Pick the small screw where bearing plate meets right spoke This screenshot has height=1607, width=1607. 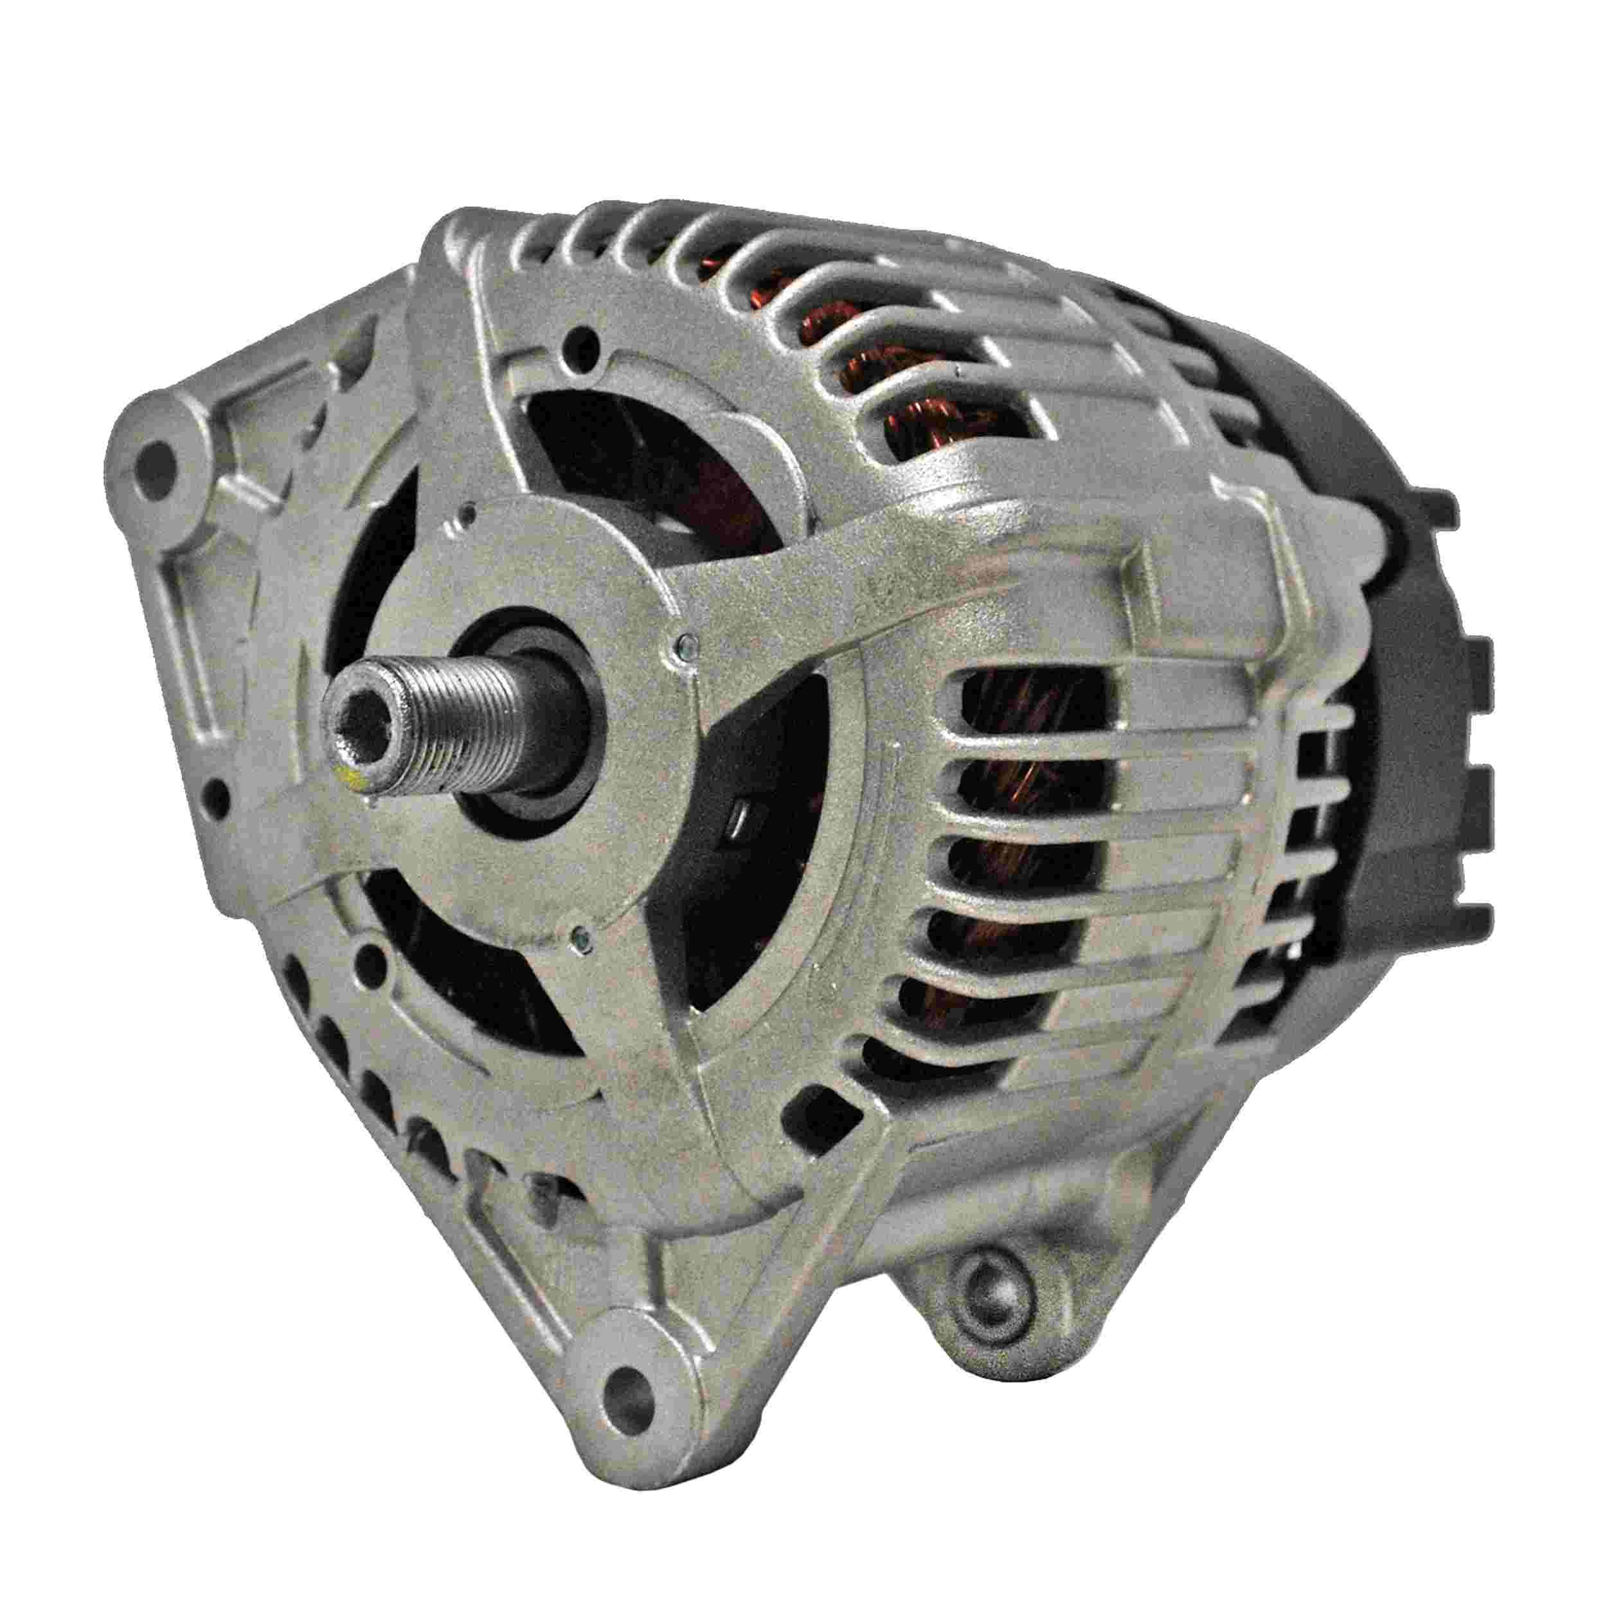coord(684,640)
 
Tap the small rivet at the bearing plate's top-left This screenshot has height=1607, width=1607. coord(471,505)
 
